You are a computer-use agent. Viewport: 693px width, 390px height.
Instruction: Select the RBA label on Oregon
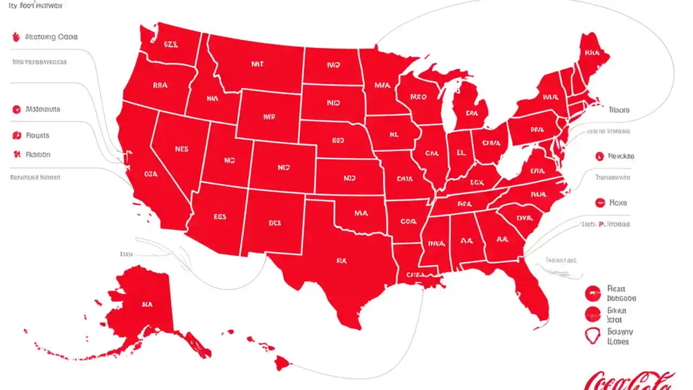pyautogui.click(x=161, y=85)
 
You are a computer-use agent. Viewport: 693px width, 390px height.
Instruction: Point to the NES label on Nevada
pyautogui.click(x=182, y=148)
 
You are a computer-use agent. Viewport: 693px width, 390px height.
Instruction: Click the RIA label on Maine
pyautogui.click(x=592, y=53)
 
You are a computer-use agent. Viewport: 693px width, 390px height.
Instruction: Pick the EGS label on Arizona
pyautogui.click(x=219, y=216)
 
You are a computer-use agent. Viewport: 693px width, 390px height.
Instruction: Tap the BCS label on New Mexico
pyautogui.click(x=276, y=222)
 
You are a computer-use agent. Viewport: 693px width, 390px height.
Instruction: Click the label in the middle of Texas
pyautogui.click(x=341, y=261)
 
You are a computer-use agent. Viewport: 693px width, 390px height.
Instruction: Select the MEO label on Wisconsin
pyautogui.click(x=419, y=97)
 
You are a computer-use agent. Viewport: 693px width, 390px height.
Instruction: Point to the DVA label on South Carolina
pyautogui.click(x=524, y=218)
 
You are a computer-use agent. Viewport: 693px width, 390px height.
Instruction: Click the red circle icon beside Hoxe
pyautogui.click(x=599, y=203)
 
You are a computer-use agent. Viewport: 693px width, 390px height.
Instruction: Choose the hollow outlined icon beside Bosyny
pyautogui.click(x=593, y=336)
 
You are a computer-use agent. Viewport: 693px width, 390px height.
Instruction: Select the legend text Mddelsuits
pyautogui.click(x=43, y=109)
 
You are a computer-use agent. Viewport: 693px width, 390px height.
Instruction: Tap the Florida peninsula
pyautogui.click(x=533, y=292)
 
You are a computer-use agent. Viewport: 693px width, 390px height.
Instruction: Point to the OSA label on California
pyautogui.click(x=151, y=174)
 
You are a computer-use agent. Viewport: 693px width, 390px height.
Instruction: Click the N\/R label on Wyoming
pyautogui.click(x=269, y=116)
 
